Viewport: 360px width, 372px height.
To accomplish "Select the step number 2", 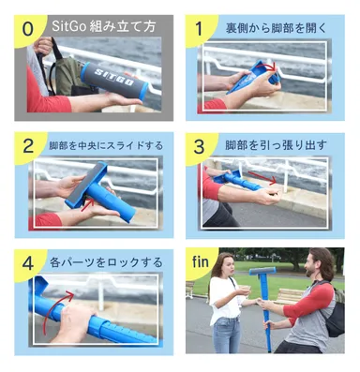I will pos(28,147).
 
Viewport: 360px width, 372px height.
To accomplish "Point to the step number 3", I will pos(199,147).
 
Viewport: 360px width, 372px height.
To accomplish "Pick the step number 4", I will pos(28,263).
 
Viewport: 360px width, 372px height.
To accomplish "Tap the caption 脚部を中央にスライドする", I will pos(105,146).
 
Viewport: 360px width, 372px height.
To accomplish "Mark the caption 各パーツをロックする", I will pos(105,262).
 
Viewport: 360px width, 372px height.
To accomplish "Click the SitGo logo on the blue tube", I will pos(113,73).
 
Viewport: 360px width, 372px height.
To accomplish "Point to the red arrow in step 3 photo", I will pos(264,178).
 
